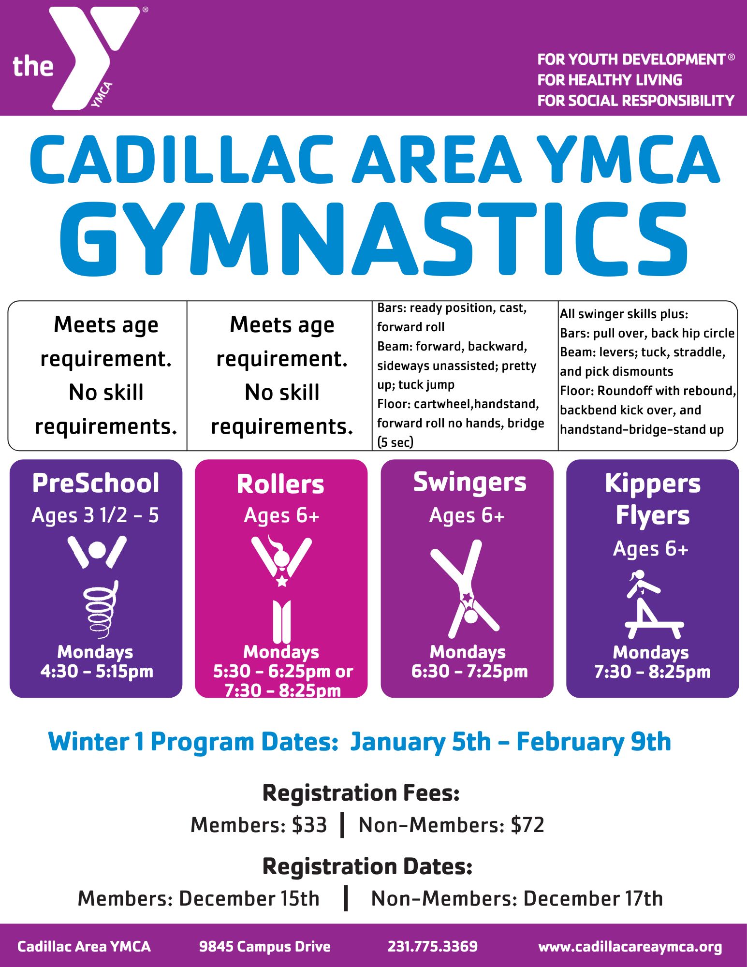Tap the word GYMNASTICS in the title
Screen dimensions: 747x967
(373, 239)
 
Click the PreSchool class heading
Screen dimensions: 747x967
(96, 483)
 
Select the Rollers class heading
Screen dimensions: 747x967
(280, 484)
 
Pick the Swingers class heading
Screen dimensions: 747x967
(469, 483)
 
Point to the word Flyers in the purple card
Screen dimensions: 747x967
(653, 515)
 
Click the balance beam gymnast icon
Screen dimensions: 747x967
(653, 604)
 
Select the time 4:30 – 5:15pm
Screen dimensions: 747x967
(97, 671)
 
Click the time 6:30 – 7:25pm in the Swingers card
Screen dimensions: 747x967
(469, 671)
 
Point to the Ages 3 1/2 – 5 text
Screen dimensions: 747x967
(95, 515)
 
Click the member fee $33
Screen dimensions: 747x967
(309, 825)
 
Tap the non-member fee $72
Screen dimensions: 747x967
(527, 825)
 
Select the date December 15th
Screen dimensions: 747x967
(249, 899)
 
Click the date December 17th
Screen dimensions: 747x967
(593, 899)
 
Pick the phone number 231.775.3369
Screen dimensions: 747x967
(433, 946)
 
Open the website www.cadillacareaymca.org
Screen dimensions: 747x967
(630, 947)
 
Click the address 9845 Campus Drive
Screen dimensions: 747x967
(265, 947)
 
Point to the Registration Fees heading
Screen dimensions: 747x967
(361, 793)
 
